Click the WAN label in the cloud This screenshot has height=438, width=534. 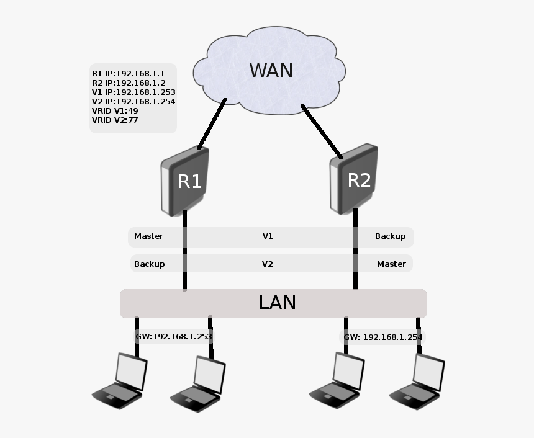(271, 70)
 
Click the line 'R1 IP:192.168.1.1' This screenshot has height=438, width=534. (128, 73)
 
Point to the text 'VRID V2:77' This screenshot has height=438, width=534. (115, 120)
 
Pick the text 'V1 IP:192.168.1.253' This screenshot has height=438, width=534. (133, 92)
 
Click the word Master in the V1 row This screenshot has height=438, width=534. (148, 236)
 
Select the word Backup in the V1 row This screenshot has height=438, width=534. (390, 236)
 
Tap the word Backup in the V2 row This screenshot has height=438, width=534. (149, 264)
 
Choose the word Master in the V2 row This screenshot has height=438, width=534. (391, 264)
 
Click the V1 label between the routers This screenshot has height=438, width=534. (268, 236)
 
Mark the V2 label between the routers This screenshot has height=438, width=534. (268, 264)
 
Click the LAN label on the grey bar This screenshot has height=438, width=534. (277, 303)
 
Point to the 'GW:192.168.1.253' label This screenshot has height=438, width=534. (174, 336)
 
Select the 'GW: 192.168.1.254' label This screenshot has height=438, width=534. (383, 337)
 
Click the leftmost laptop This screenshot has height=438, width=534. (120, 381)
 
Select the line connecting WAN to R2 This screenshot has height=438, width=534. (322, 131)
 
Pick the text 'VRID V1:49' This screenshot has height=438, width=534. (115, 111)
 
